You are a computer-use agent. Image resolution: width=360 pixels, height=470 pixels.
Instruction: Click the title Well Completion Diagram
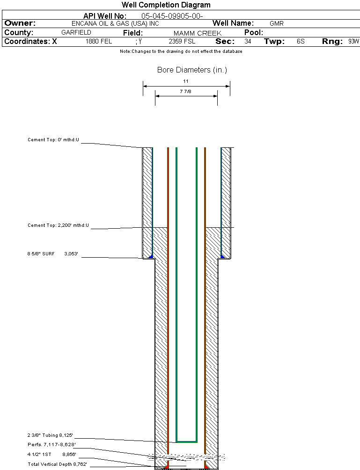click(166, 5)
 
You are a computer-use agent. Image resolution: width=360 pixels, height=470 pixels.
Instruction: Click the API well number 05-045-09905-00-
click(172, 16)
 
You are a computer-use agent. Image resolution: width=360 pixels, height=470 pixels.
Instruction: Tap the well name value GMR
click(277, 23)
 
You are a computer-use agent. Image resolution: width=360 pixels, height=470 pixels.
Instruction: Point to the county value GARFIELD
click(76, 33)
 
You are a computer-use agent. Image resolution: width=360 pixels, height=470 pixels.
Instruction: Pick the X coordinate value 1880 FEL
click(99, 42)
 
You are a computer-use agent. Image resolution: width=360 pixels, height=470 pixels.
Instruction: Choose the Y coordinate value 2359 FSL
click(182, 42)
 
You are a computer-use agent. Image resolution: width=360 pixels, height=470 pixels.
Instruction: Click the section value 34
click(248, 42)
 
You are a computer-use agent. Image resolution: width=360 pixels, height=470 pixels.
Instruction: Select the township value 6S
click(301, 42)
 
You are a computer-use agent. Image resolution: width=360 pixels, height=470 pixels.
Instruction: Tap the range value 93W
click(353, 42)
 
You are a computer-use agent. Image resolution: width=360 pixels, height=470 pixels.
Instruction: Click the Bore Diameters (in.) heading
click(192, 70)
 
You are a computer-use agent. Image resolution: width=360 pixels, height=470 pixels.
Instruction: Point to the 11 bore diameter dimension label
click(186, 81)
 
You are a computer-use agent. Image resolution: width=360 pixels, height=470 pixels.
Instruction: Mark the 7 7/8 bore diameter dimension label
click(186, 92)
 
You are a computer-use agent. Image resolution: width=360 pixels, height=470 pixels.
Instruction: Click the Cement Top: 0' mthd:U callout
click(54, 140)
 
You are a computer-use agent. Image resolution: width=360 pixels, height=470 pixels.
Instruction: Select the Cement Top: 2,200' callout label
click(58, 225)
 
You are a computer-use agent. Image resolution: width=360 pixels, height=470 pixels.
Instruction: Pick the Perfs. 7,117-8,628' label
click(51, 444)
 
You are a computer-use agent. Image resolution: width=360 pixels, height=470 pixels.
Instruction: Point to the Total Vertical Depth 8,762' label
click(57, 464)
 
